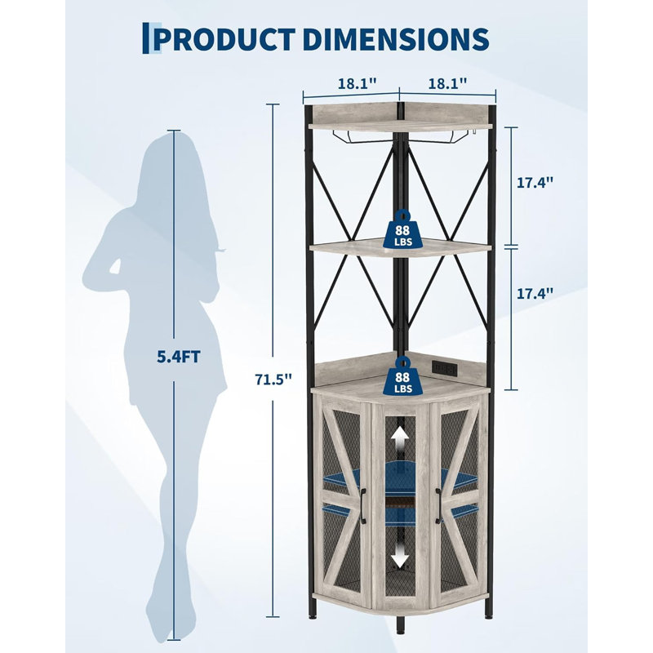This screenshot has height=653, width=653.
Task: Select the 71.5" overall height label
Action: point(273,380)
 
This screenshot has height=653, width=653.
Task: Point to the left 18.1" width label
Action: point(357,84)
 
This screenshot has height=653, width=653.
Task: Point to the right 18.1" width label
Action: point(447,84)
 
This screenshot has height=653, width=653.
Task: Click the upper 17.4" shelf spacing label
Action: point(535,182)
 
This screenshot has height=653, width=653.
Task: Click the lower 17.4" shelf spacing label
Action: point(535,294)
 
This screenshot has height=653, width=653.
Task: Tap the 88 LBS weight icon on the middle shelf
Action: point(402,230)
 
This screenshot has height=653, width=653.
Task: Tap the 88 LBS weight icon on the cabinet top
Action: point(402,376)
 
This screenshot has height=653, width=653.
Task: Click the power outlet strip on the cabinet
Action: point(444,368)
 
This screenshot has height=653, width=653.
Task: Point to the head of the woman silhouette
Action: point(171,158)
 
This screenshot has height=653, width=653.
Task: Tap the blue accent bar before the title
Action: point(146,38)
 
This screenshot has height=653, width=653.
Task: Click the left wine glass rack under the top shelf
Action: point(362,136)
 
